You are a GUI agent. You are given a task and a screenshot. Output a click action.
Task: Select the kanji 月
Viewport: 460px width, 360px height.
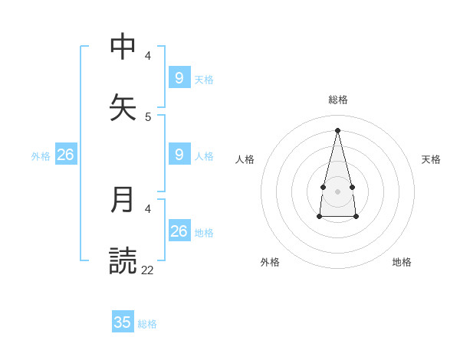pyautogui.click(x=123, y=200)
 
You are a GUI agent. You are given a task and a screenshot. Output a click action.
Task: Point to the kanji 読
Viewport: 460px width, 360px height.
pyautogui.click(x=123, y=260)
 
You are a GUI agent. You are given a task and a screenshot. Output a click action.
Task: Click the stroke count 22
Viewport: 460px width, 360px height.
pyautogui.click(x=147, y=269)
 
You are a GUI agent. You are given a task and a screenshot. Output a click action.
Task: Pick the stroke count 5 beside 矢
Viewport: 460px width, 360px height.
pyautogui.click(x=148, y=116)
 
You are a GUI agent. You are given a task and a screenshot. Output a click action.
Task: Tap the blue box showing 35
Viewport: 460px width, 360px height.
pyautogui.click(x=123, y=322)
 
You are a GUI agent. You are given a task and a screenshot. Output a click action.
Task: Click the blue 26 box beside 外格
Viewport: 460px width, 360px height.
pyautogui.click(x=65, y=155)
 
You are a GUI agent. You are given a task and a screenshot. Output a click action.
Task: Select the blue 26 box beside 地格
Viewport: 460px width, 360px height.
pyautogui.click(x=179, y=231)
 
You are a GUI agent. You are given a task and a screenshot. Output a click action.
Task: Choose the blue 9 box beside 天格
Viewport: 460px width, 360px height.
pyautogui.click(x=179, y=77)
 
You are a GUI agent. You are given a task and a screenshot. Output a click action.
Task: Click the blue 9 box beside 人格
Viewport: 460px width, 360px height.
pyautogui.click(x=179, y=155)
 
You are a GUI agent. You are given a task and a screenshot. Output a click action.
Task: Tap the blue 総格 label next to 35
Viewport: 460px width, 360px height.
pyautogui.click(x=147, y=324)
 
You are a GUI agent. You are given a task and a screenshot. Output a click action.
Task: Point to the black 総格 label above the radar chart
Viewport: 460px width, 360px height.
pyautogui.click(x=338, y=99)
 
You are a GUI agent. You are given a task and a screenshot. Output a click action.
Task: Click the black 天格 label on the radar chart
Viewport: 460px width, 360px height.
pyautogui.click(x=431, y=159)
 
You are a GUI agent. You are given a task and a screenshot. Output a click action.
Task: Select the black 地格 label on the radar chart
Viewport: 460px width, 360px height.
pyautogui.click(x=402, y=262)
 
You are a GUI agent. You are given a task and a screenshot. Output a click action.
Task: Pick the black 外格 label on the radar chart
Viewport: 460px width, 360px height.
pyautogui.click(x=270, y=262)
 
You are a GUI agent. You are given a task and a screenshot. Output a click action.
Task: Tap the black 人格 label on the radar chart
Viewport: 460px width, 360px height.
pyautogui.click(x=245, y=159)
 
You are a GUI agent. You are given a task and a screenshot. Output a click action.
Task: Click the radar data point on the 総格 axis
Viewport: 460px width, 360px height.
pyautogui.click(x=337, y=129)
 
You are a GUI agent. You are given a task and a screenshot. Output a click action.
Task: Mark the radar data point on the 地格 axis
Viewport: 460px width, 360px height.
pyautogui.click(x=356, y=217)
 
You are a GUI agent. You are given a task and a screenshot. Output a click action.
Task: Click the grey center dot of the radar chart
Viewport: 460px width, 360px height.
pyautogui.click(x=337, y=191)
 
